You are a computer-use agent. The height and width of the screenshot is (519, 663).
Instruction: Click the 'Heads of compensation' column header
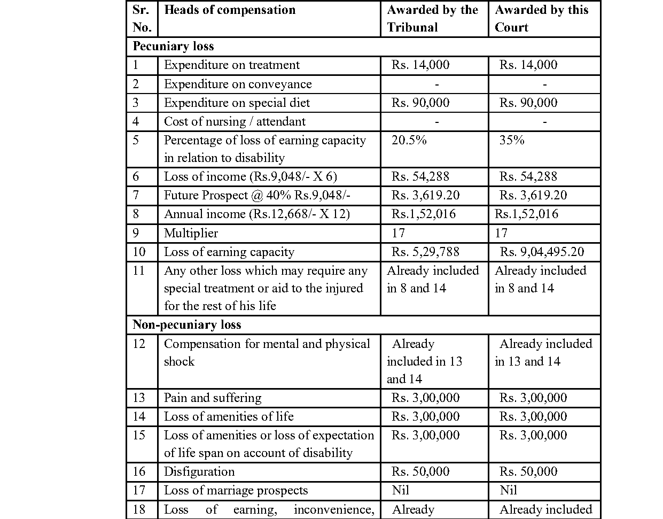click(229, 10)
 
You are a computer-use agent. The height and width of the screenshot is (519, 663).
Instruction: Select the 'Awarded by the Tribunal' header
click(432, 19)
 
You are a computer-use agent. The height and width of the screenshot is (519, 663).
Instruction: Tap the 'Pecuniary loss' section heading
click(173, 47)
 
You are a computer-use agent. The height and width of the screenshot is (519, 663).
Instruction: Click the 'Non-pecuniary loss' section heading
click(186, 325)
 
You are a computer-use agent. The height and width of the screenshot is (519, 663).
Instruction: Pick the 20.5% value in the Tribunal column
click(409, 141)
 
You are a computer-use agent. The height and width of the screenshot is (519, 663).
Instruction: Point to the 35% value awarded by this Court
click(512, 141)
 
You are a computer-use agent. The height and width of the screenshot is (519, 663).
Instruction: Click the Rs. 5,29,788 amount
click(425, 252)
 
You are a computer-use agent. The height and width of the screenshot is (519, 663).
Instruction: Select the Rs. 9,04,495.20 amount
click(542, 252)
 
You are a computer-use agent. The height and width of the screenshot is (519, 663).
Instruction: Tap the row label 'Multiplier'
click(191, 233)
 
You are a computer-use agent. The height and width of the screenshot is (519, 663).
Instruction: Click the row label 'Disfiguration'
click(199, 471)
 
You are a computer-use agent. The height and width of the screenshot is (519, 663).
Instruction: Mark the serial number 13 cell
click(139, 398)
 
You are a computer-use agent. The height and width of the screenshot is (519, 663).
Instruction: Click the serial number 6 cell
click(136, 176)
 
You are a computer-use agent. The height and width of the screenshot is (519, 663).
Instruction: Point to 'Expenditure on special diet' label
click(237, 103)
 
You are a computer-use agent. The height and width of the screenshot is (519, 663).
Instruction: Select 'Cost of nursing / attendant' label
click(235, 121)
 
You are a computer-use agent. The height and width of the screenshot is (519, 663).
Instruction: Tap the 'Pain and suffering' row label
click(213, 398)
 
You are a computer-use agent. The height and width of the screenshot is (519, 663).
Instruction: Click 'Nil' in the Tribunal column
click(400, 490)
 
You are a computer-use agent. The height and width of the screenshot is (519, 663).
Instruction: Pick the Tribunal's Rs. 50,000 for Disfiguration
click(420, 471)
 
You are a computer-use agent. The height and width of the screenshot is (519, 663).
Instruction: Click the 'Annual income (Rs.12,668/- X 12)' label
click(256, 214)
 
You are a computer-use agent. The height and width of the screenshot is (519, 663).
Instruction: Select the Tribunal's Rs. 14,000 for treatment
click(420, 65)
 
